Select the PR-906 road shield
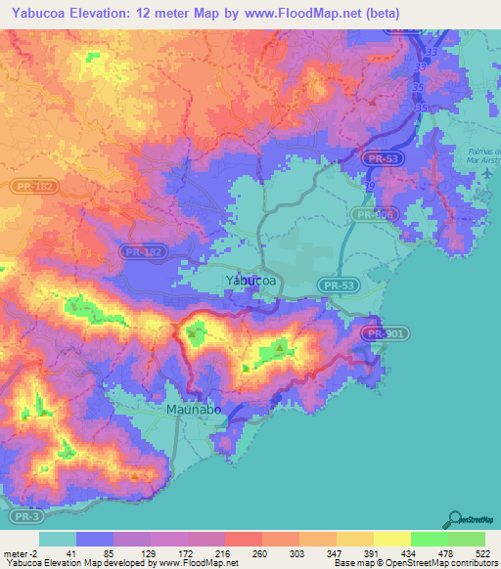click(x=375, y=214)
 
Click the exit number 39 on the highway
click(x=369, y=185)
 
